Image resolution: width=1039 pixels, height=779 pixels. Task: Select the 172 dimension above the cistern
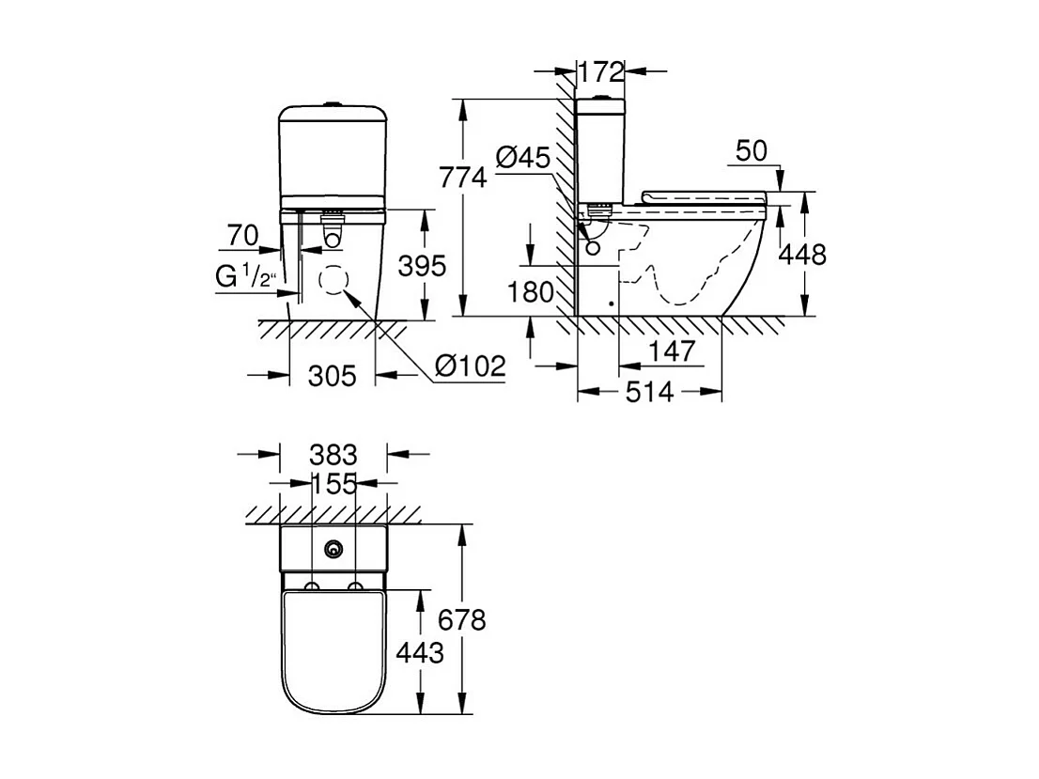tap(601, 70)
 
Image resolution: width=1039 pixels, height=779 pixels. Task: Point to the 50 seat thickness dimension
tap(753, 151)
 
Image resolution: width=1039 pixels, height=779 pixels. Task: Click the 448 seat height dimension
tap(802, 254)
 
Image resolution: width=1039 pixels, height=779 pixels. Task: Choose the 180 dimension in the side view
tap(532, 292)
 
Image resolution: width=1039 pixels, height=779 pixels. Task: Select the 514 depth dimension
tap(649, 391)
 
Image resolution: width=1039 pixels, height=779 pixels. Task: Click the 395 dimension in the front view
tap(422, 267)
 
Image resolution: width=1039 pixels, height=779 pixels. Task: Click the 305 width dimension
tap(333, 376)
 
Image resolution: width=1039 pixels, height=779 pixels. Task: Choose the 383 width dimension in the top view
tap(333, 455)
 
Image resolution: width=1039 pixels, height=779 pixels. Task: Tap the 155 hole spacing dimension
tap(333, 484)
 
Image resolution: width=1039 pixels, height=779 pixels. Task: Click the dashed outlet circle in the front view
tap(333, 280)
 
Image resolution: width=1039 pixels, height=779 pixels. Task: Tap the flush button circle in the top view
tap(333, 549)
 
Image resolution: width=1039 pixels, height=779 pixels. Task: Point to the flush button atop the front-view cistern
tap(333, 102)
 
